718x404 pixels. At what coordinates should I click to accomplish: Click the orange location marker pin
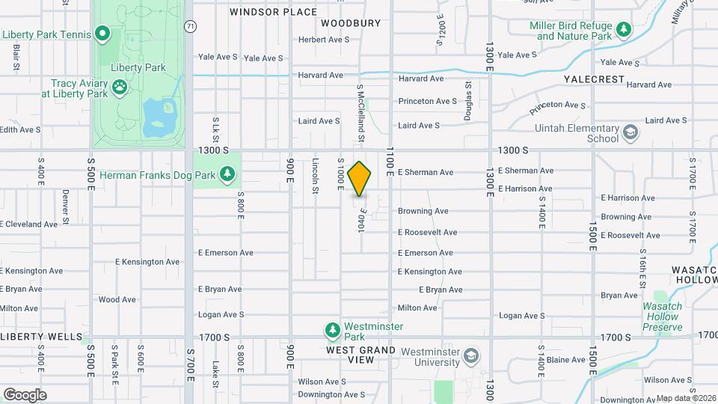(x=360, y=179)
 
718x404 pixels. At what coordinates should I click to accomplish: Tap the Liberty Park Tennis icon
(x=102, y=34)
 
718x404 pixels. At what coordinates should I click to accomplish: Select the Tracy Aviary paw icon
(x=120, y=88)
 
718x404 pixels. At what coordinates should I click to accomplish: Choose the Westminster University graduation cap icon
(x=471, y=354)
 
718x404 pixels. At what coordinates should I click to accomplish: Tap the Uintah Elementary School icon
(x=631, y=133)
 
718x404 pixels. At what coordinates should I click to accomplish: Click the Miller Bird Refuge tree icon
(x=623, y=31)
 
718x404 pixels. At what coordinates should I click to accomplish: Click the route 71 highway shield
(x=191, y=26)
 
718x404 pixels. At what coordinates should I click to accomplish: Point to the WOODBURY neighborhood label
(x=351, y=23)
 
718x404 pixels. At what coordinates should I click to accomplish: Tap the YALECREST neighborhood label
(x=594, y=78)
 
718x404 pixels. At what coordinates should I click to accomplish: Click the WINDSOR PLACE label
(x=273, y=12)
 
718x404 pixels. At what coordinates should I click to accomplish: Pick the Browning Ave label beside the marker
(x=423, y=211)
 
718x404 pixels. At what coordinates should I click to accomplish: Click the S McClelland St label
(x=360, y=112)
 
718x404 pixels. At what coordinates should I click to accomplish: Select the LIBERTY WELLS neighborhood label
(x=41, y=337)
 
